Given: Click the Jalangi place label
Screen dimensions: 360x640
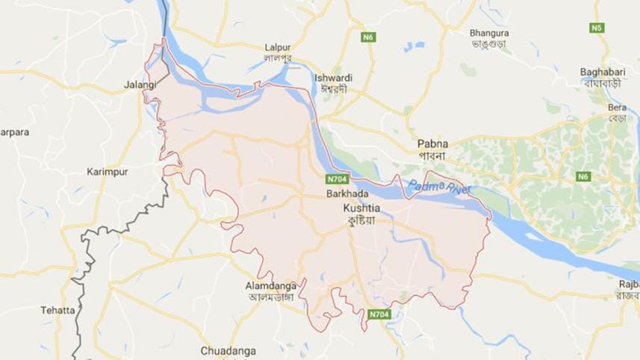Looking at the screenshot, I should click(x=140, y=85).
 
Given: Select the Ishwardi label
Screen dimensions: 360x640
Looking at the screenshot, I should click(x=334, y=78).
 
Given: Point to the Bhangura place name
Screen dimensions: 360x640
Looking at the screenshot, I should click(x=489, y=33).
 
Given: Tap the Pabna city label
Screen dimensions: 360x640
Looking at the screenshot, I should click(x=432, y=142).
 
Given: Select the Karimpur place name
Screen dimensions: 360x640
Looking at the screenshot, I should click(x=107, y=171).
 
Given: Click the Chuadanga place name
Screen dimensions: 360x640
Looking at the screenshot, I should click(x=228, y=350).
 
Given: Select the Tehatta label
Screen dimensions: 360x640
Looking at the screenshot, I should click(x=58, y=309).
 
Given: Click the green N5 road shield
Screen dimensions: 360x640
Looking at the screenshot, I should click(x=596, y=28).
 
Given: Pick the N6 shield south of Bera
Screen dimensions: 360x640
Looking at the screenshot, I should click(x=583, y=176).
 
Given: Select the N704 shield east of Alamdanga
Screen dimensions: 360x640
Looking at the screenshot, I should click(x=379, y=314).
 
